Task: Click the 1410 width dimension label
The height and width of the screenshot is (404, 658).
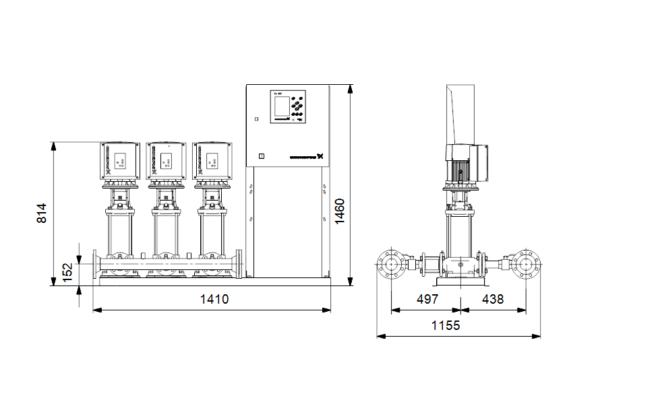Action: click(x=214, y=299)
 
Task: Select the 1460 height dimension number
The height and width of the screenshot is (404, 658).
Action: click(x=340, y=211)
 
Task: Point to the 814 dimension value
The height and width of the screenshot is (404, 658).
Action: click(x=42, y=213)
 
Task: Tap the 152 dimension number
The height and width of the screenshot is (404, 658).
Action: click(x=68, y=272)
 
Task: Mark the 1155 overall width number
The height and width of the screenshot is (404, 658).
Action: click(x=445, y=325)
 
